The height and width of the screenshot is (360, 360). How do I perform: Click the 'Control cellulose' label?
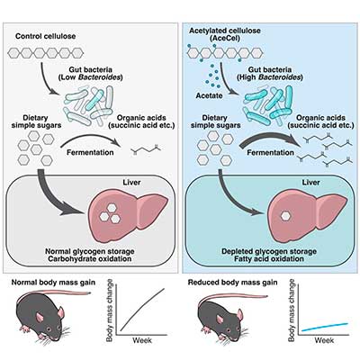click(x=45, y=36)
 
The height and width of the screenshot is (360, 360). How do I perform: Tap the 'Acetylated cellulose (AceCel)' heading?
click(x=225, y=34)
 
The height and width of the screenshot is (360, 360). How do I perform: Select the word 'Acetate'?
click(x=209, y=95)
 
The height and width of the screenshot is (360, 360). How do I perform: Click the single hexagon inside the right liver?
click(x=285, y=215)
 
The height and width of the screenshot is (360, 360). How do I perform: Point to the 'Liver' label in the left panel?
click(x=131, y=183)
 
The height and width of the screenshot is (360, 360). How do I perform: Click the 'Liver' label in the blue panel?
click(x=310, y=183)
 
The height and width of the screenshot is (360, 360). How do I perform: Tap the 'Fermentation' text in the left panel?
click(x=90, y=152)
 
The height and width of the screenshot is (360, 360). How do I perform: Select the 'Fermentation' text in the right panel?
click(x=270, y=152)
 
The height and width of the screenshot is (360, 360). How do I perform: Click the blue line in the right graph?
click(x=325, y=327)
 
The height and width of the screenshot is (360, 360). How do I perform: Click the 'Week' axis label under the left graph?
click(x=142, y=340)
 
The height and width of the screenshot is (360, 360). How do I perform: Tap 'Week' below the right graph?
click(x=324, y=340)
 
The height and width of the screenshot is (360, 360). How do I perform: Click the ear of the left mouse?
click(x=60, y=312)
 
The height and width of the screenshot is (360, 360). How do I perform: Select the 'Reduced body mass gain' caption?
click(x=232, y=283)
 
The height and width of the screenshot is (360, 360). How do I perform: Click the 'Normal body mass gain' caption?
click(x=53, y=283)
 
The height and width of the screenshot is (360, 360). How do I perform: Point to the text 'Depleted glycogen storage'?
click(x=269, y=251)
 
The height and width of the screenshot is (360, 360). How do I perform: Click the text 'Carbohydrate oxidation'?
click(x=90, y=258)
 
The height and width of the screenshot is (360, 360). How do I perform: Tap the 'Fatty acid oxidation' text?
click(x=269, y=258)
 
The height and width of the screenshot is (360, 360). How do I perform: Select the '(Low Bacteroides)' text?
click(x=91, y=77)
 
